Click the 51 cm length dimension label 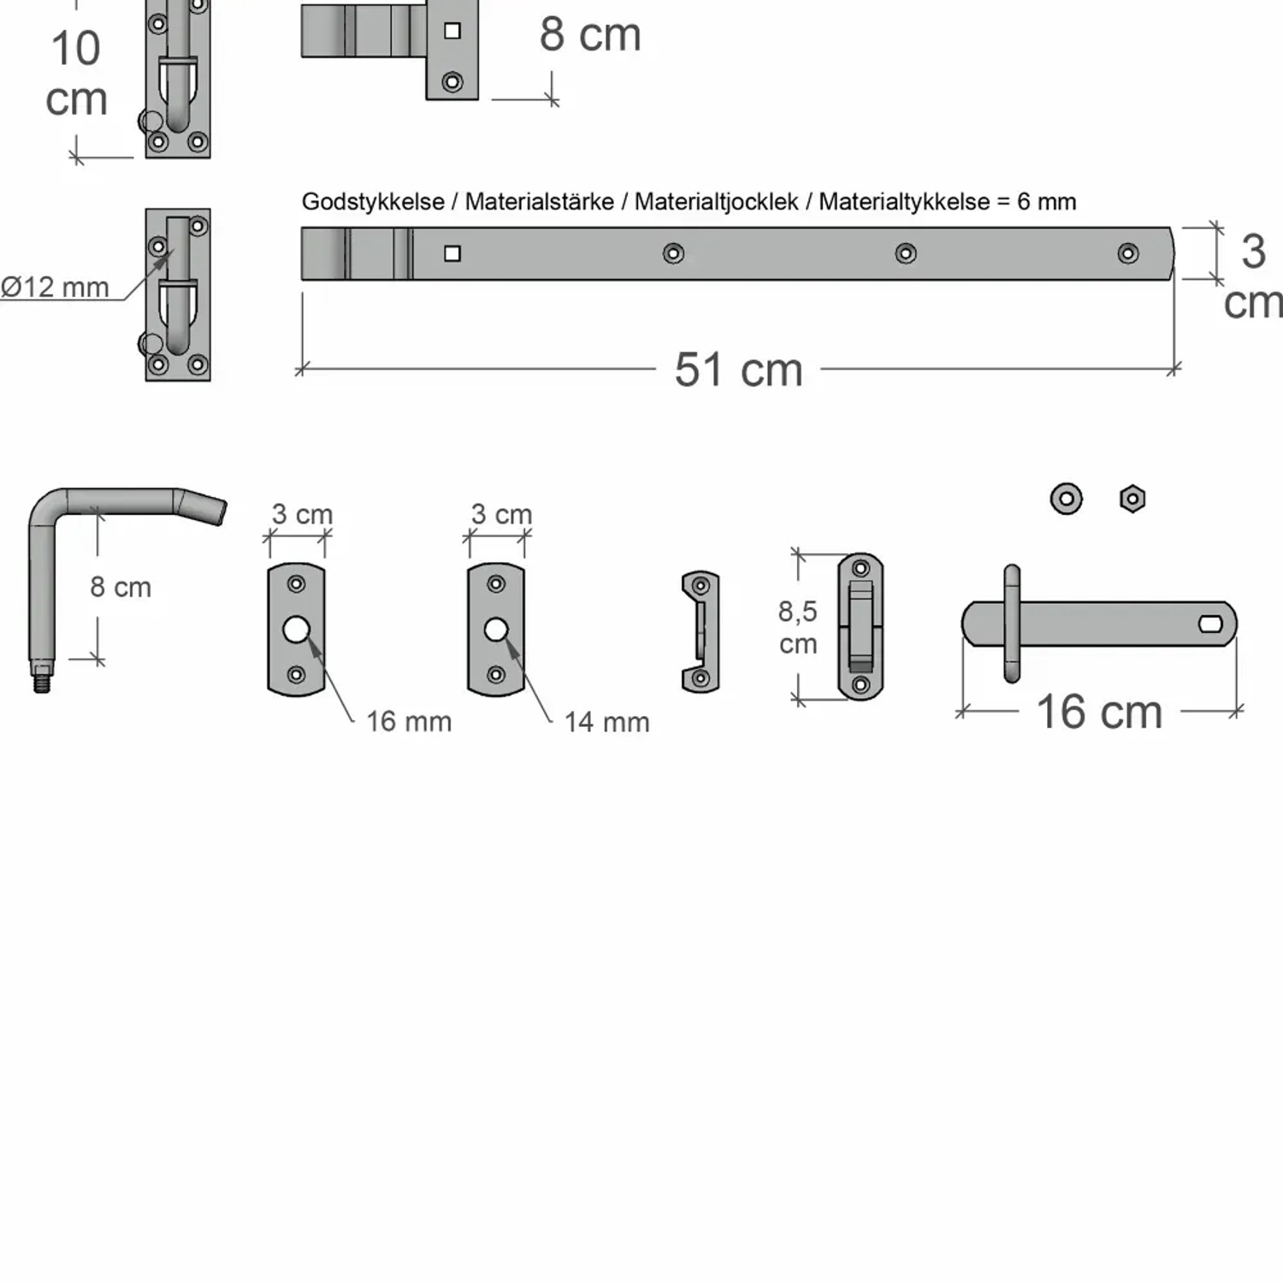(x=738, y=370)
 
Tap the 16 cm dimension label (x=1099, y=712)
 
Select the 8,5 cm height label (x=797, y=627)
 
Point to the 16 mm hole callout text (x=409, y=722)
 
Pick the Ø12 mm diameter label (x=55, y=287)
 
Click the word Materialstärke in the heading (x=539, y=202)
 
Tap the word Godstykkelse (x=373, y=202)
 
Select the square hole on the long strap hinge (x=452, y=253)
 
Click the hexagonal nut (x=1132, y=499)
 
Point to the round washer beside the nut (x=1066, y=499)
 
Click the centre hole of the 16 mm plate (x=296, y=630)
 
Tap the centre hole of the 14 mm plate (x=496, y=630)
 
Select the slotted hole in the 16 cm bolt (x=1210, y=624)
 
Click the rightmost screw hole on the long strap (x=1128, y=253)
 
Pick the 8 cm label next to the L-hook (x=121, y=588)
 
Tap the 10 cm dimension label (x=76, y=74)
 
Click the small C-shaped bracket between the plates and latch (x=701, y=632)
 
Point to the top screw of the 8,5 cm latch (x=860, y=568)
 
